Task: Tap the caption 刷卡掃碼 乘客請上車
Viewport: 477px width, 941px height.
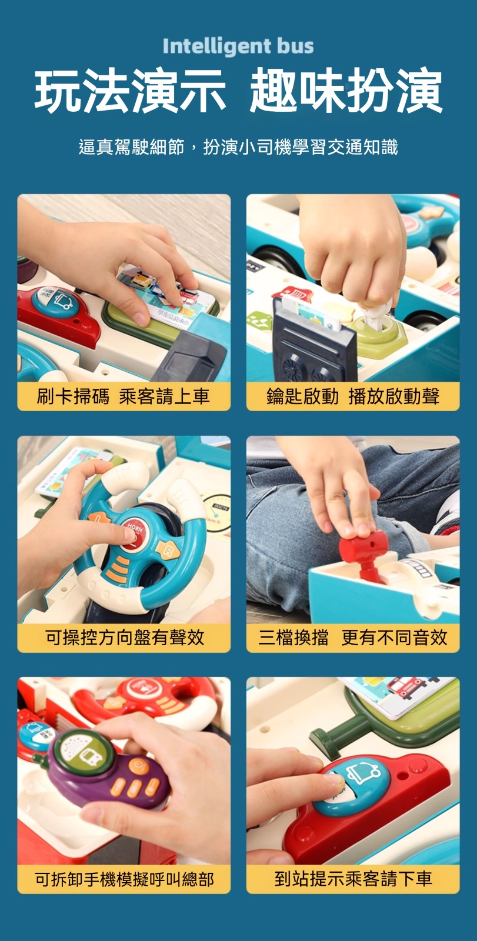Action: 123,396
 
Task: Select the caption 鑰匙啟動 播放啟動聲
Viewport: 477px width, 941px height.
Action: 353,396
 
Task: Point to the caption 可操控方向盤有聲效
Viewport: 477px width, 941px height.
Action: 125,638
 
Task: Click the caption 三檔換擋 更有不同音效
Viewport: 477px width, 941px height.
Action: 353,638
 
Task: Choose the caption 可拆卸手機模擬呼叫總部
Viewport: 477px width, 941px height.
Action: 125,879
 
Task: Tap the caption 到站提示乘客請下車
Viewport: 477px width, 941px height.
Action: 353,879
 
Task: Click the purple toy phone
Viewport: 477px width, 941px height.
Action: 107,769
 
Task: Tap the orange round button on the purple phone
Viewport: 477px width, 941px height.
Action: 139,765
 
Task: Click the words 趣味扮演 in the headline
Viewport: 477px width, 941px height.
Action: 346,91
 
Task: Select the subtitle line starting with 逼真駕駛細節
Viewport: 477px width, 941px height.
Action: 238,147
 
